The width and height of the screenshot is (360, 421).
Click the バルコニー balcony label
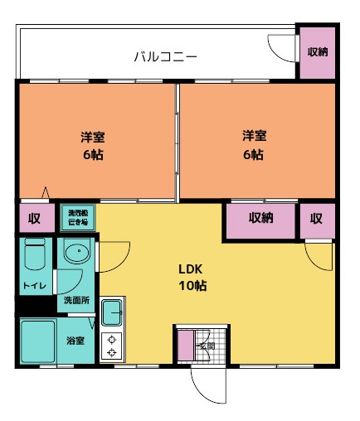tap(167, 57)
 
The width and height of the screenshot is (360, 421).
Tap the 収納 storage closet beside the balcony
tap(317, 52)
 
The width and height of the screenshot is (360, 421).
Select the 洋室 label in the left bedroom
tap(92, 136)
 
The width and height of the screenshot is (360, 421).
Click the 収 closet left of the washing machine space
tap(34, 219)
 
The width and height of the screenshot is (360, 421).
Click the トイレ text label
tap(34, 288)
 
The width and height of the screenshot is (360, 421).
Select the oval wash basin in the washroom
tap(76, 254)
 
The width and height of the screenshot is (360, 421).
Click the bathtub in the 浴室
tap(37, 341)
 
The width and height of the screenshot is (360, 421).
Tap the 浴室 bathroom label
tap(75, 341)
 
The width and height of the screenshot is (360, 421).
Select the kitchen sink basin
tap(111, 313)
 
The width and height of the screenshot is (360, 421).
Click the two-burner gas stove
tap(111, 346)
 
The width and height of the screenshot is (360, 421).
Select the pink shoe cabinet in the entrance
tap(182, 345)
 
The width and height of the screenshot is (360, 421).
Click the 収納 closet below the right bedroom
tap(260, 219)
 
